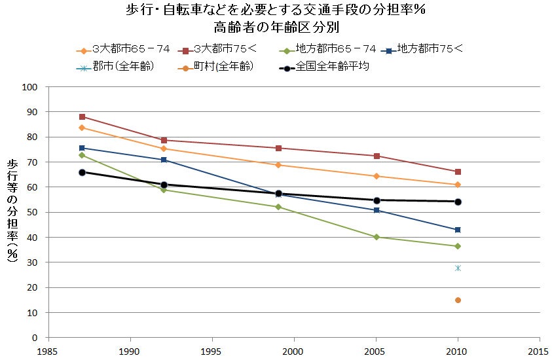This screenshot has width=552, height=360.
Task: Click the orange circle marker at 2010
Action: coord(458,300)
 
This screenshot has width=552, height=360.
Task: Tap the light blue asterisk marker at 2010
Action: coord(458,268)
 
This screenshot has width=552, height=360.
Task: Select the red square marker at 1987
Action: coord(82,117)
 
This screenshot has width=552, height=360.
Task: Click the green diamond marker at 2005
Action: coord(377,237)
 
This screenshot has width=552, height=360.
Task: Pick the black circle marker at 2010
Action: coord(458,202)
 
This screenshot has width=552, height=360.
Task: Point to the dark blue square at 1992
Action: coord(164,160)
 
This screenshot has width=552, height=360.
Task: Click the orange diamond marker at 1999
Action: coord(278,165)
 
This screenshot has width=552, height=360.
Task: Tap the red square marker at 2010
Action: coord(458,171)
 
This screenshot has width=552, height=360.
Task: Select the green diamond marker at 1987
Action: coord(82,155)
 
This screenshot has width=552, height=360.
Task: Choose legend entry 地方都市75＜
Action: coord(426,49)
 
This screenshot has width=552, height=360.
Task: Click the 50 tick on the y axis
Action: coord(36,212)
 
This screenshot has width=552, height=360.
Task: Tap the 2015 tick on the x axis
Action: coord(539,351)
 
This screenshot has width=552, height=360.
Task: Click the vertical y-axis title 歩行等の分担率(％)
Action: coord(12,211)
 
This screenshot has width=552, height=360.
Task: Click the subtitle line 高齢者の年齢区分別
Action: coord(276,28)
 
